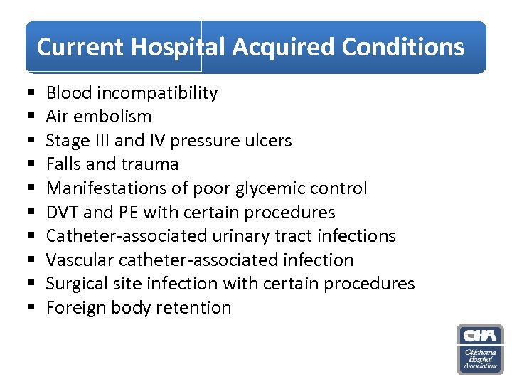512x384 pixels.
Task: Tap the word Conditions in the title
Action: coord(403,47)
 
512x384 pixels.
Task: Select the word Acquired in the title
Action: coord(284,47)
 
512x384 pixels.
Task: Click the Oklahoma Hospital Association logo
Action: coord(480,349)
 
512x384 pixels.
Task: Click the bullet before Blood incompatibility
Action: coord(33,94)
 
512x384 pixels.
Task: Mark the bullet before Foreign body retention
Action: coord(33,309)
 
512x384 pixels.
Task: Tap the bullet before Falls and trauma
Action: coord(33,165)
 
